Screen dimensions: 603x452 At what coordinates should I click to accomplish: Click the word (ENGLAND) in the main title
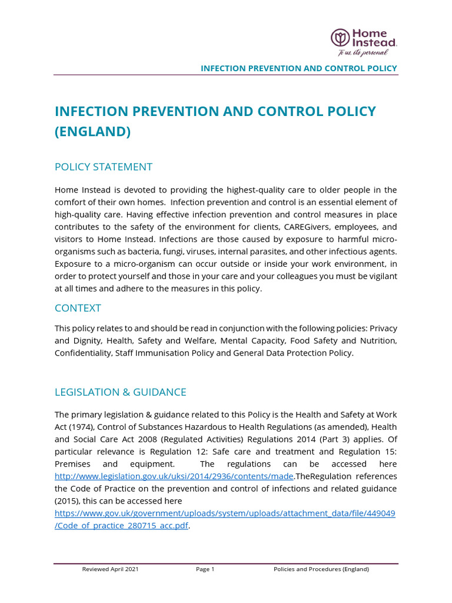pyautogui.click(x=92, y=131)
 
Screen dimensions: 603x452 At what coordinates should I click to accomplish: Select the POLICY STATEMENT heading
pyautogui.click(x=104, y=167)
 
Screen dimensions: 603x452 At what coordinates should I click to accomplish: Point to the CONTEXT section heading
pyautogui.click(x=78, y=308)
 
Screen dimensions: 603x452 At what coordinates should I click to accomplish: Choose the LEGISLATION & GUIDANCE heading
pyautogui.click(x=120, y=392)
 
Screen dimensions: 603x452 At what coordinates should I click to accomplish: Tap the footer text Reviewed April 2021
pyautogui.click(x=111, y=569)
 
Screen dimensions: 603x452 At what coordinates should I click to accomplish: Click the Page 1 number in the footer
pyautogui.click(x=205, y=569)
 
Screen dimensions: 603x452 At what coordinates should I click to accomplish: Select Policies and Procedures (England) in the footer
pyautogui.click(x=321, y=569)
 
